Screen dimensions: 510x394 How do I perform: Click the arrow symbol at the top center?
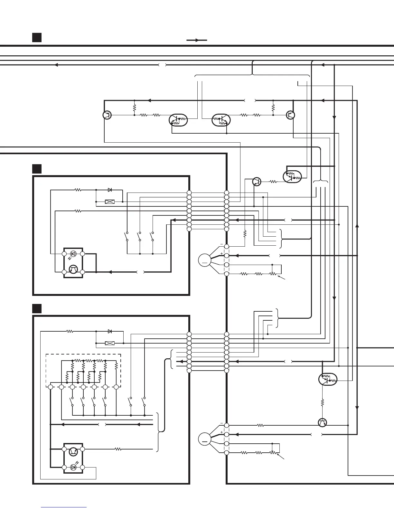coord(197,40)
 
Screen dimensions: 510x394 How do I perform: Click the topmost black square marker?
coord(37,37)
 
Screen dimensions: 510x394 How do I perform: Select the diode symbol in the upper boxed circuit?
coord(110,190)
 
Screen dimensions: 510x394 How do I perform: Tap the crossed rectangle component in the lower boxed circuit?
coord(110,343)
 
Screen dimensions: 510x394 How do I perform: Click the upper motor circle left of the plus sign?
coord(204,260)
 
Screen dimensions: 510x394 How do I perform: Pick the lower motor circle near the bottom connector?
coord(204,439)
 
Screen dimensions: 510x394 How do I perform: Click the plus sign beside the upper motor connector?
coord(222,253)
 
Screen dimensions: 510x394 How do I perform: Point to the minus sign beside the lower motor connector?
coord(222,423)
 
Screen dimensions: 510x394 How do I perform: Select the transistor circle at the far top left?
coord(107,115)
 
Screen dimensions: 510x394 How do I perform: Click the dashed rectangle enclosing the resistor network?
coord(83,370)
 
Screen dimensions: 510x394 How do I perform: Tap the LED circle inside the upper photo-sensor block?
coord(73,254)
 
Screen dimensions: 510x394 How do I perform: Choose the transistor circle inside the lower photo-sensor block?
coord(73,451)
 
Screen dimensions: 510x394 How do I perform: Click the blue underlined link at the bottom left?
coord(64,507)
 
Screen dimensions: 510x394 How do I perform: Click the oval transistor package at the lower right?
coord(328,379)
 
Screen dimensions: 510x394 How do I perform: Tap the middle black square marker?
coord(37,169)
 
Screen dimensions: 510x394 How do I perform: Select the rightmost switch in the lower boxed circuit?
coord(144,401)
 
